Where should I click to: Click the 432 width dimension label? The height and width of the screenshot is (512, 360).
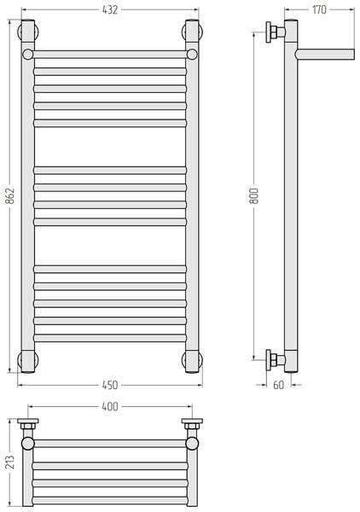pyautogui.click(x=110, y=9)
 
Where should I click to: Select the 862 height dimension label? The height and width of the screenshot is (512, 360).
pyautogui.click(x=10, y=196)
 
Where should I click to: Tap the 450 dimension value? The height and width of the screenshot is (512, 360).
pyautogui.click(x=110, y=386)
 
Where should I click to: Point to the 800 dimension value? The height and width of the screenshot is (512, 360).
pyautogui.click(x=253, y=196)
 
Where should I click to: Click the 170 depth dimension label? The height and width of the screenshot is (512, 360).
pyautogui.click(x=319, y=9)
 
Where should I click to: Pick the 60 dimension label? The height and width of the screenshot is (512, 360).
pyautogui.click(x=278, y=386)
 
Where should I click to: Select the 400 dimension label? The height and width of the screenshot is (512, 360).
pyautogui.click(x=110, y=406)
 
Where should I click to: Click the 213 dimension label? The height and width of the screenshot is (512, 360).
pyautogui.click(x=10, y=462)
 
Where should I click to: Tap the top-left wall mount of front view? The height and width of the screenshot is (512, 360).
pyautogui.click(x=28, y=32)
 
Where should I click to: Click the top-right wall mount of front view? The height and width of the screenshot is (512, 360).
pyautogui.click(x=192, y=32)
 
